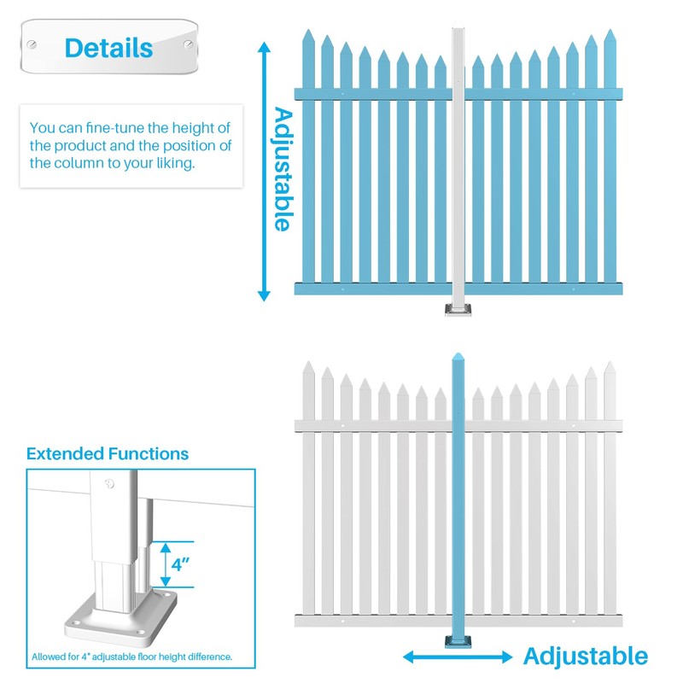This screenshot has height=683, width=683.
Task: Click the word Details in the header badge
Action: click(108, 47)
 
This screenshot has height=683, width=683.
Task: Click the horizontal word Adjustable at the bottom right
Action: click(585, 657)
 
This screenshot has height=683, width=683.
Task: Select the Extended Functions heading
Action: click(108, 453)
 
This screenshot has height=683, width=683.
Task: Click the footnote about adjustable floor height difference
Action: click(132, 657)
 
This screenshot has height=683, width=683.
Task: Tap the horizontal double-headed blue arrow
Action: click(458, 657)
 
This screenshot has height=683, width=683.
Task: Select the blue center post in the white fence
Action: click(458, 495)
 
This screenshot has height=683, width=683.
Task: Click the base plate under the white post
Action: click(459, 309)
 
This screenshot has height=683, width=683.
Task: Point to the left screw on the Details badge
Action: click(32, 44)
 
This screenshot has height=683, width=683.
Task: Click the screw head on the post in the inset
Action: click(108, 484)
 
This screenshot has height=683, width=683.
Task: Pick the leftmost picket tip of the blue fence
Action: click(307, 38)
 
